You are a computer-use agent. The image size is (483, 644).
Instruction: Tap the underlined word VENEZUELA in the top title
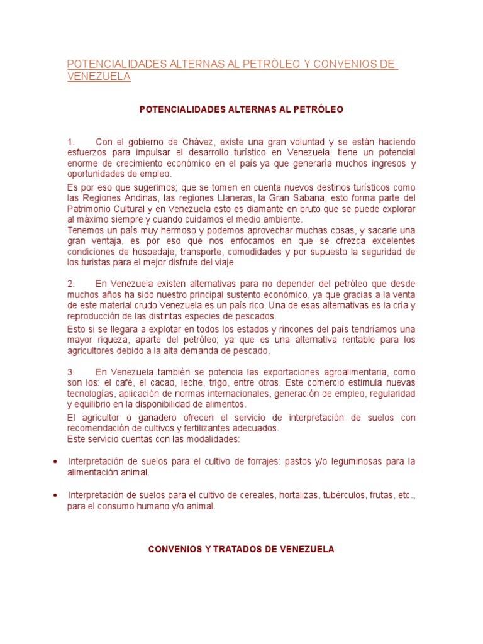tap(99, 77)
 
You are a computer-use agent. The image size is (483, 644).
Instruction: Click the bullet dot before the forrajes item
tap(55, 462)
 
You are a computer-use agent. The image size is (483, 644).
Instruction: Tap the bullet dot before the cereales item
tap(55, 496)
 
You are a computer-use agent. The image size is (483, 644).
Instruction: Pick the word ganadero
tap(137, 418)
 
